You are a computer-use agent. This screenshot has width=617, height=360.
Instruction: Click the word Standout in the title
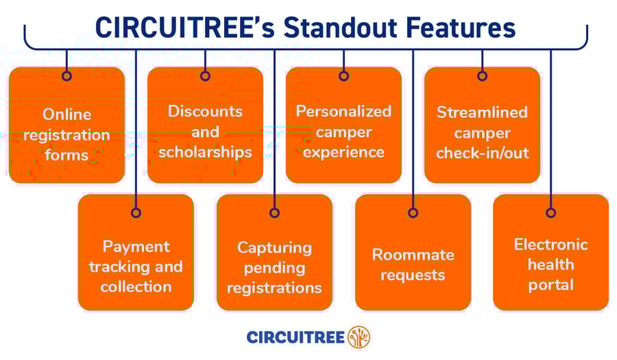click(x=340, y=27)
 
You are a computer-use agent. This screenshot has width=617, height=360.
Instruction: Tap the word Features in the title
click(x=461, y=27)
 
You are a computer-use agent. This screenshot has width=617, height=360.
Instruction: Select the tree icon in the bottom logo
click(x=359, y=337)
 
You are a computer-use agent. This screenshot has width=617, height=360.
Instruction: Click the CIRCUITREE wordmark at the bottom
click(x=295, y=337)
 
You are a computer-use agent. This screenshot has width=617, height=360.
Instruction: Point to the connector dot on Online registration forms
click(x=66, y=76)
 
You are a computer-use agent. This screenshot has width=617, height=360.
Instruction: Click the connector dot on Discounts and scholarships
click(x=205, y=76)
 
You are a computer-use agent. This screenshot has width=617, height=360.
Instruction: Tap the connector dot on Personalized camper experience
click(x=343, y=76)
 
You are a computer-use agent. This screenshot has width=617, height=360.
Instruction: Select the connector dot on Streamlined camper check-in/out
click(x=482, y=76)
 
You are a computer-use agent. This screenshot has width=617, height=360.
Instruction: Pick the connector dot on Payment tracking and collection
click(x=136, y=213)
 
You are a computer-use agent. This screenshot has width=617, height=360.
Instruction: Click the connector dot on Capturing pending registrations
click(x=274, y=213)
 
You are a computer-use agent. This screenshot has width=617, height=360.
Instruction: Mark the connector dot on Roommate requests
click(x=413, y=213)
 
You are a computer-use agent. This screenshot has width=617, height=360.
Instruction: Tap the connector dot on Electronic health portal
click(x=551, y=213)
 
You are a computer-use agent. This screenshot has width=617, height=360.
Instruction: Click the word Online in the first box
click(x=67, y=115)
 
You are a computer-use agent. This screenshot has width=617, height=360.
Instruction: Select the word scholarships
click(x=205, y=152)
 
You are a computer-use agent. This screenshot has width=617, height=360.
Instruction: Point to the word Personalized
click(x=343, y=111)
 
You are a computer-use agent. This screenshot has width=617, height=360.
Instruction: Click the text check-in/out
click(x=483, y=153)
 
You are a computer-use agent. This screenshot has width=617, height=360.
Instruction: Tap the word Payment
click(x=136, y=247)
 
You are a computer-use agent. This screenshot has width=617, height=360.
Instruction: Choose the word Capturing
click(x=275, y=248)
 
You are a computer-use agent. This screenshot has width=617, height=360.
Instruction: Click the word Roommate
click(x=413, y=255)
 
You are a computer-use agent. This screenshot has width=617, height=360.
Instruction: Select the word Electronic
click(x=551, y=245)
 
